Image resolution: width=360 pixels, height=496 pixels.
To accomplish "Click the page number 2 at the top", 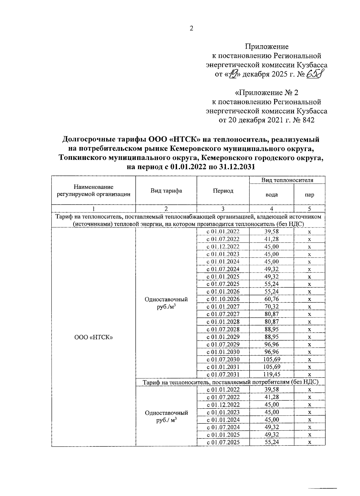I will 191,29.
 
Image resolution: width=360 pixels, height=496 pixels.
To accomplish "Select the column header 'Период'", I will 223,191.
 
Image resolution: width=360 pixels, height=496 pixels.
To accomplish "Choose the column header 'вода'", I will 271,195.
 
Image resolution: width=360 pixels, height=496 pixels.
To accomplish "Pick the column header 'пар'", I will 309,195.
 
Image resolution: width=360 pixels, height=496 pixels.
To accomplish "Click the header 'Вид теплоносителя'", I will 287,180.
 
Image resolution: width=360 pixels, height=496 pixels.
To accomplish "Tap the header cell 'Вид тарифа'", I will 166,191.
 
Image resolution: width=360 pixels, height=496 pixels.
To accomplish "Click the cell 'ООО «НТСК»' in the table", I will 93,337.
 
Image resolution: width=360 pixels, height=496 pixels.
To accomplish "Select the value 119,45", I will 271,374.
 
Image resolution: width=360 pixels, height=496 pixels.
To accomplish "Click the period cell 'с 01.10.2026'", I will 223,299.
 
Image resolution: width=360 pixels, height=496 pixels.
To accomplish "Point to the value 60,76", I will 271,299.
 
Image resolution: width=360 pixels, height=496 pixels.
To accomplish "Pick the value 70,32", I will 271,306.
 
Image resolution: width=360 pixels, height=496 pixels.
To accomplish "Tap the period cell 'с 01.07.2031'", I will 223,374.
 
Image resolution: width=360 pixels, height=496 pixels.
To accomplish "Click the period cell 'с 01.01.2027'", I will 223,306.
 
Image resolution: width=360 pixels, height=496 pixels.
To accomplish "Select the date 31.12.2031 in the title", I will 237,167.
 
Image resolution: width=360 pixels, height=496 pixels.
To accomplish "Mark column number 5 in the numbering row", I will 309,209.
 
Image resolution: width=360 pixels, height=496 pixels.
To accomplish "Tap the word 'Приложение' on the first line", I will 267,47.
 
